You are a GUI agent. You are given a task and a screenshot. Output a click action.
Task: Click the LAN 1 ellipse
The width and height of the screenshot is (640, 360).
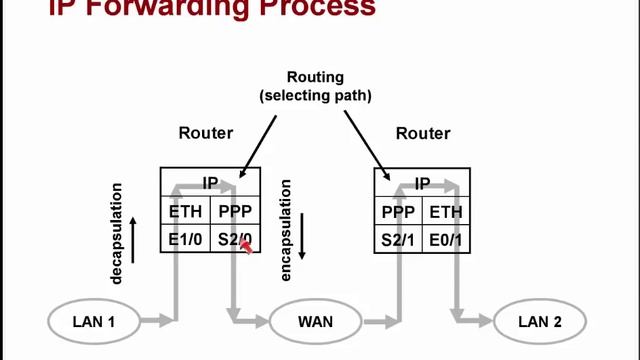[94, 321]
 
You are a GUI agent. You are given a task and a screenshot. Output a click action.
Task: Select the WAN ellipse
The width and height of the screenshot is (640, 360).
[315, 321]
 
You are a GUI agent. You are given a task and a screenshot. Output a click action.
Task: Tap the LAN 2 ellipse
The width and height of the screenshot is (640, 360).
[540, 321]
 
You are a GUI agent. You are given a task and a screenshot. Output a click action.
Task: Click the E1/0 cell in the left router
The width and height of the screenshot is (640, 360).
[185, 239]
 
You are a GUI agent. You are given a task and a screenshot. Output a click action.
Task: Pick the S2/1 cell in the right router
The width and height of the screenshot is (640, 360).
[398, 239]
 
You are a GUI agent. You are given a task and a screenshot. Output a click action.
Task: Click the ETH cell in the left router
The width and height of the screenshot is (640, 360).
[185, 211]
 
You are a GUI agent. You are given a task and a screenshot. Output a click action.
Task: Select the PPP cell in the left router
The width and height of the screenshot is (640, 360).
[236, 211]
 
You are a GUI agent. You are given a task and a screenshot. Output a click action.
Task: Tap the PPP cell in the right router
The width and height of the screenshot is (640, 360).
[398, 211]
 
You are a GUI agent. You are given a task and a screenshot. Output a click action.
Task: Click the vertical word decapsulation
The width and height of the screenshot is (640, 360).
[117, 233]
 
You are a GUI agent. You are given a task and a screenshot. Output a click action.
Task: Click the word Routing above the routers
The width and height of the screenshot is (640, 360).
[315, 77]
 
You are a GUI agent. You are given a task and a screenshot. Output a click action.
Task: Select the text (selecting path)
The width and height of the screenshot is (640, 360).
[315, 95]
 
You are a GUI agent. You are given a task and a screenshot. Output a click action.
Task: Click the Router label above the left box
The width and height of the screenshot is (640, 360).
[206, 132]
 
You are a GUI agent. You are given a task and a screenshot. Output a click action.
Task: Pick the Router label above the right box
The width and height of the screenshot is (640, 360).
[424, 132]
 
